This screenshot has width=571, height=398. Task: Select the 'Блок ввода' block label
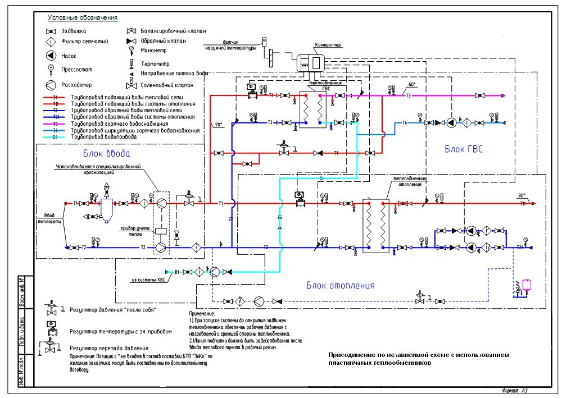(107, 153)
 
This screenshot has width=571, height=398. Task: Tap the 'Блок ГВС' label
(463, 149)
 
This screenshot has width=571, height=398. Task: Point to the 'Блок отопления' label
(340, 285)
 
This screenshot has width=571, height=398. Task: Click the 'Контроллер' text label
(328, 45)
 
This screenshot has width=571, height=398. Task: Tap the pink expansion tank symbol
(527, 283)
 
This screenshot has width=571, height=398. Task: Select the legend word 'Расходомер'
(77, 85)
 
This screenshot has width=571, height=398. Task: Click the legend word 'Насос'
(69, 56)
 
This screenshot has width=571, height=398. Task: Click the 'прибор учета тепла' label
(134, 232)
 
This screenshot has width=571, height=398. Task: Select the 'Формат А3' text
(514, 390)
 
